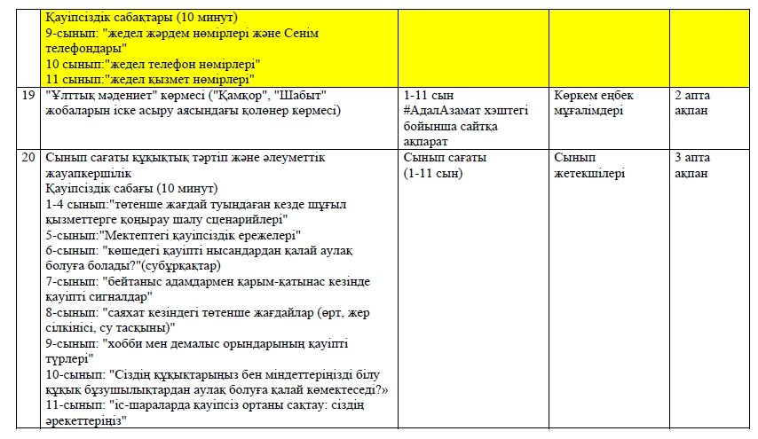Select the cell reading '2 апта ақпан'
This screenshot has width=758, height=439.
[x=691, y=102]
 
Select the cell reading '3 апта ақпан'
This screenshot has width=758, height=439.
[x=691, y=166]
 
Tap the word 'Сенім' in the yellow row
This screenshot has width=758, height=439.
[x=302, y=32]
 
